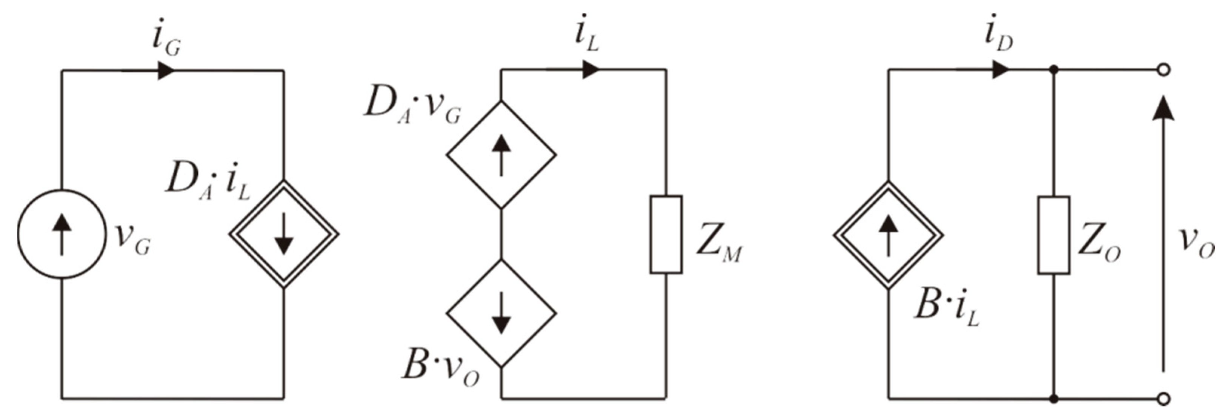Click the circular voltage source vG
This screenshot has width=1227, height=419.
[62, 234]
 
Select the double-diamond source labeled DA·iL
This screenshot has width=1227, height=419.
[284, 234]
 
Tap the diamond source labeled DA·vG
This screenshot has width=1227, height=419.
[501, 155]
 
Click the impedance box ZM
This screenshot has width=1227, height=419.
[666, 234]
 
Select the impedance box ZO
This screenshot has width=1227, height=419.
[1053, 235]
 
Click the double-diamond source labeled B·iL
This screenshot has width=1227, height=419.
[888, 235]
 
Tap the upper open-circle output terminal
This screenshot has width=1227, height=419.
[1164, 71]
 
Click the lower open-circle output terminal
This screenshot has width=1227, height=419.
[1164, 399]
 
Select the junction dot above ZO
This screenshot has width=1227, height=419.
[1053, 71]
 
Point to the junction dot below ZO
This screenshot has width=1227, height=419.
[1053, 399]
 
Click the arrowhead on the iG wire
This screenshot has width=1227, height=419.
[166, 71]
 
